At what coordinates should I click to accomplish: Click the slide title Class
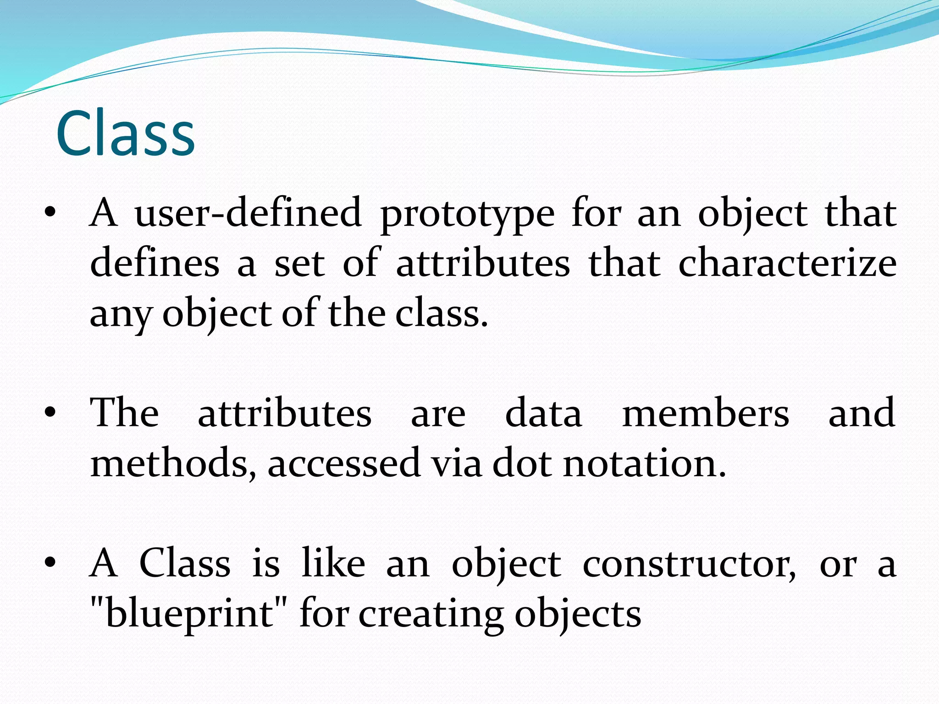point(126,134)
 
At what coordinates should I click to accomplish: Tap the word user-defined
point(248,213)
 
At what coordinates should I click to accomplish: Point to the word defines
point(155,264)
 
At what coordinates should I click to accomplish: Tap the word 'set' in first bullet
point(299,264)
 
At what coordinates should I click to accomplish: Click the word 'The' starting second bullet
point(124,412)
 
